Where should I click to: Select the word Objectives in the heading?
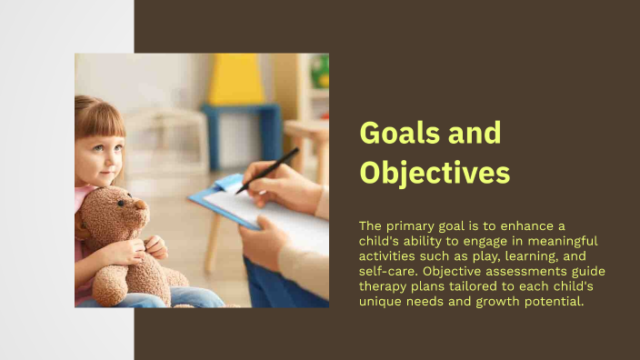[435, 172]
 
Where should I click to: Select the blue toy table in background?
[241, 127]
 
